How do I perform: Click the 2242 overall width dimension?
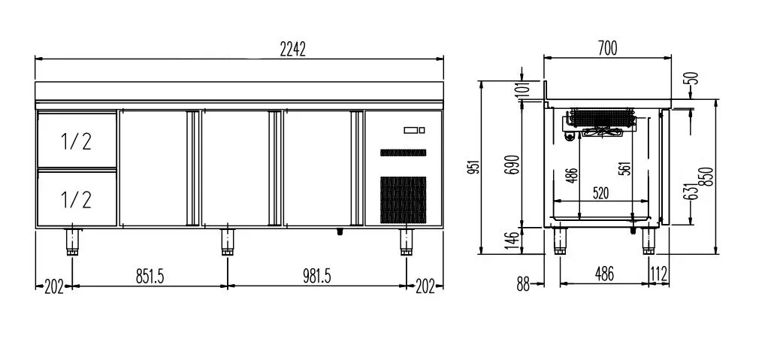click(x=293, y=50)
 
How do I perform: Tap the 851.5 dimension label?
click(x=150, y=277)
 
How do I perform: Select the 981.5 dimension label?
click(x=316, y=277)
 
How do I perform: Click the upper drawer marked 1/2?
click(x=77, y=141)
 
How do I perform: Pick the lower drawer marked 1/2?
click(x=77, y=198)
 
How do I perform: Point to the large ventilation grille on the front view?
click(x=403, y=199)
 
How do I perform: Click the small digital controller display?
click(x=414, y=130)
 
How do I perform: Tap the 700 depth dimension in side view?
click(x=607, y=48)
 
